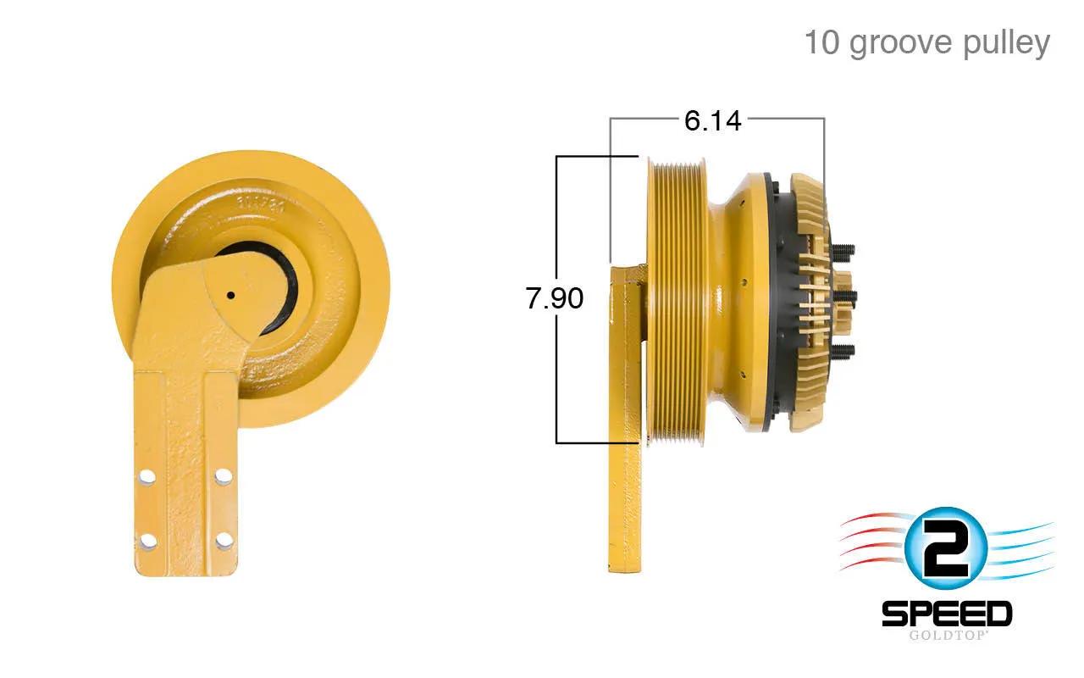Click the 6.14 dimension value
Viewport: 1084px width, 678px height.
click(x=712, y=120)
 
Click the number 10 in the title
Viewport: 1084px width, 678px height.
click(x=821, y=42)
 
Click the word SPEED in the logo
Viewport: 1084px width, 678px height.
click(x=947, y=614)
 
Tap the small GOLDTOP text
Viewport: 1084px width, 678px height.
click(x=947, y=636)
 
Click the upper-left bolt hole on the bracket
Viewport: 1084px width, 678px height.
click(x=147, y=476)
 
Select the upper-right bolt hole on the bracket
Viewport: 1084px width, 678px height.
click(x=223, y=476)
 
